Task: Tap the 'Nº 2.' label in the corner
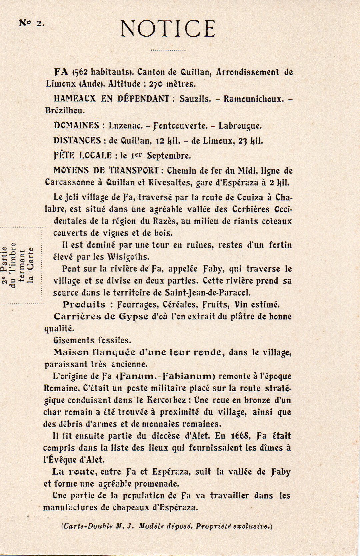[32, 23]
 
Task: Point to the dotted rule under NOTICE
[168, 50]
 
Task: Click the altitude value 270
[156, 84]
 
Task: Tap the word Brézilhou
[65, 110]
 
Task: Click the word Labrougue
[240, 126]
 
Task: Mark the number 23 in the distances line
[242, 141]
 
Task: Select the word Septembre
[169, 156]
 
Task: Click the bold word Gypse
[133, 316]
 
